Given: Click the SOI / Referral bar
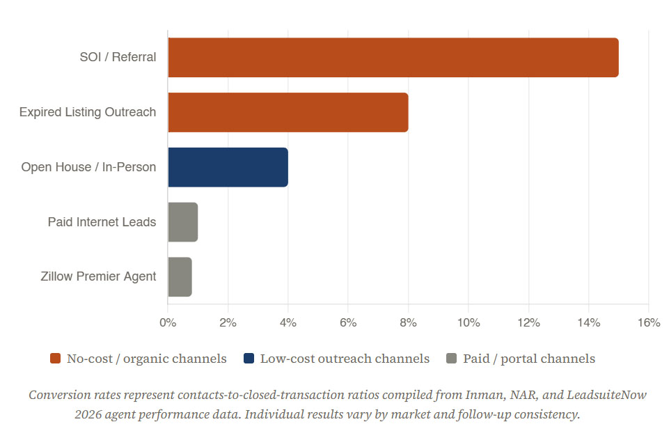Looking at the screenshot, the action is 393,58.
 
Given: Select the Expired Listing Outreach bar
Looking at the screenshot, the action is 288,112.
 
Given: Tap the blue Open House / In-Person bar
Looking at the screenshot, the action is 228,167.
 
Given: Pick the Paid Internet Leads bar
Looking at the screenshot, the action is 183,222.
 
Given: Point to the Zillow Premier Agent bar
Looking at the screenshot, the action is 180,277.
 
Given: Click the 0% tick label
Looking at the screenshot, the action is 168,322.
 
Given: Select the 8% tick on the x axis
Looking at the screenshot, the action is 409,322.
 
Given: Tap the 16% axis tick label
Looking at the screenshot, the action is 649,322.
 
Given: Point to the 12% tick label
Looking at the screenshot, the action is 528,322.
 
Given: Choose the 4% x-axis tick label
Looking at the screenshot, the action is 288,322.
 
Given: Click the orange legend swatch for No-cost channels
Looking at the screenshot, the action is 56,359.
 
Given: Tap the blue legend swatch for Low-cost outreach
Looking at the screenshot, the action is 249,359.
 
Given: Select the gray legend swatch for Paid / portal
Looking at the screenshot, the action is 451,359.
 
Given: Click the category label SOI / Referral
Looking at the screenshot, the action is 118,57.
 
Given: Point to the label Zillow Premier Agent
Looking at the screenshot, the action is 99,276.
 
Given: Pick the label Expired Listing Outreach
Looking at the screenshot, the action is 88,112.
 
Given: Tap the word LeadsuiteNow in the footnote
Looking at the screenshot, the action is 606,395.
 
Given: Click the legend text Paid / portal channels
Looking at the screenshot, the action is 529,359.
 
